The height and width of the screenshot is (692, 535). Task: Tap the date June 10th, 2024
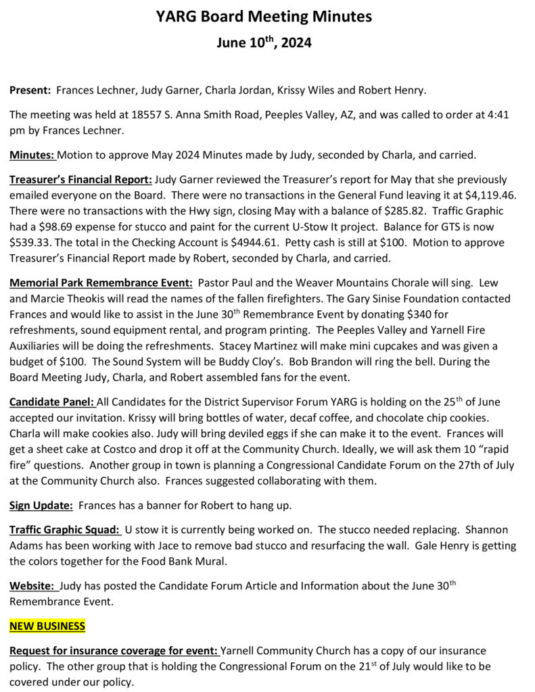(264, 43)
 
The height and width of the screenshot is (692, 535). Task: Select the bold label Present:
(30, 90)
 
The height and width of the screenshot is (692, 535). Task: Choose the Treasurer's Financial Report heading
(81, 180)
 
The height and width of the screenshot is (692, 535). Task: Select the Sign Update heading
(41, 505)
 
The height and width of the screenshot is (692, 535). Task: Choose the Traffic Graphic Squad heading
(65, 530)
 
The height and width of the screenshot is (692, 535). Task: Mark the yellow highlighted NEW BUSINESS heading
(47, 626)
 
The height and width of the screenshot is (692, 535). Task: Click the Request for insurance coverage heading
(114, 651)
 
